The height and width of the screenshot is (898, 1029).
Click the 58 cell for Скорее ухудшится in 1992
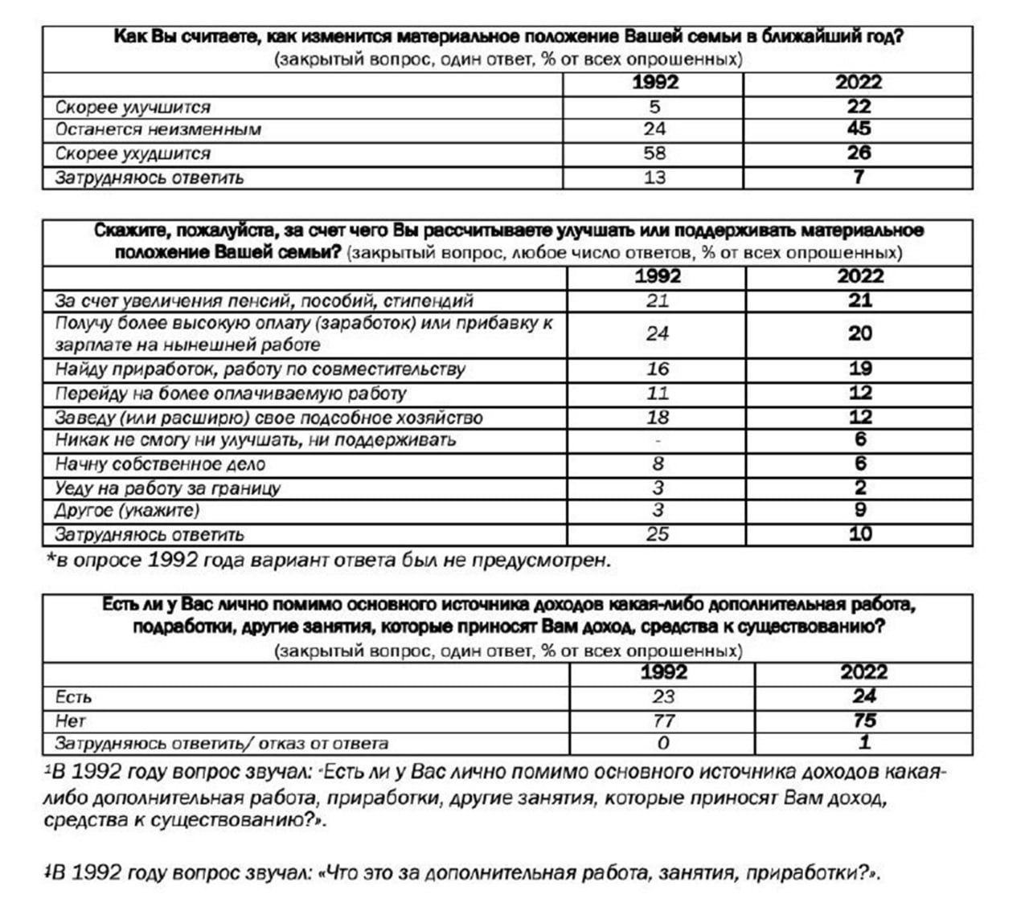[x=654, y=153]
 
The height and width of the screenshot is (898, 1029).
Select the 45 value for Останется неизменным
[x=859, y=129]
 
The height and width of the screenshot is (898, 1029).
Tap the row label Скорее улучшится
[x=133, y=107]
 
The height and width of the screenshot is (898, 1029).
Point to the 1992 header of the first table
[x=654, y=82]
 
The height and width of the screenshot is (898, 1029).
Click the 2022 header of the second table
[x=859, y=276]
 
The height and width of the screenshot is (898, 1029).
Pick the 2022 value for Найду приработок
[x=860, y=369]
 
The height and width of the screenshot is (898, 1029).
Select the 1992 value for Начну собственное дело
[x=658, y=463]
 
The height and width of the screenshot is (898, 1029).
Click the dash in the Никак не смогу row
[x=658, y=440]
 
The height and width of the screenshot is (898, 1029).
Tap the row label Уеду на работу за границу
[x=167, y=488]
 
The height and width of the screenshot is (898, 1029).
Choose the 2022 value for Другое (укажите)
[x=860, y=510]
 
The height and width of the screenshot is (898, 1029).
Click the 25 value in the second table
[x=658, y=534]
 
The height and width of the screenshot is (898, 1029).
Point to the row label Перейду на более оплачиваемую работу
[x=231, y=394]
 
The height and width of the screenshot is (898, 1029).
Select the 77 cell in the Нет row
[x=663, y=720]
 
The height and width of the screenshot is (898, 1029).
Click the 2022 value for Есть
[x=864, y=696]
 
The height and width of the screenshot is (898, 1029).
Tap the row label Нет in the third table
[x=70, y=720]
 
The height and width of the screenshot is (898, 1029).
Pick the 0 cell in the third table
[x=663, y=743]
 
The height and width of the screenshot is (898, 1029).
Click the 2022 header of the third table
[x=864, y=671]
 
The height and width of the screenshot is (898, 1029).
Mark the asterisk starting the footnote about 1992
[x=49, y=559]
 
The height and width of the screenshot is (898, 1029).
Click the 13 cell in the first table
[x=654, y=178]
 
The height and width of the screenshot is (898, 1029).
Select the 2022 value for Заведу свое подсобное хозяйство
[x=860, y=417]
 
